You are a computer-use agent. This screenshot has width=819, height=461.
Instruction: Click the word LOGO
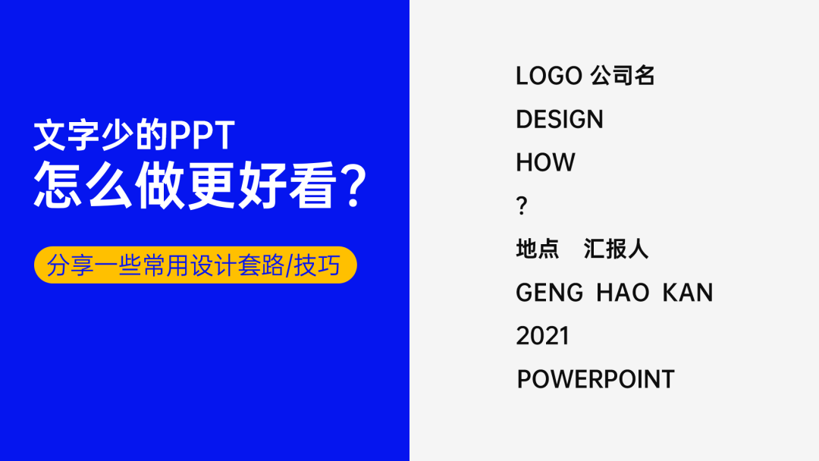pyautogui.click(x=549, y=76)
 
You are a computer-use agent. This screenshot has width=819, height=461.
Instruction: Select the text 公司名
pyautogui.click(x=623, y=76)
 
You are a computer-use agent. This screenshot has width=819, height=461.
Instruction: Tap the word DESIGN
pyautogui.click(x=560, y=120)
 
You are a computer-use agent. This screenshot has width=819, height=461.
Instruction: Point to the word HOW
pyautogui.click(x=545, y=162)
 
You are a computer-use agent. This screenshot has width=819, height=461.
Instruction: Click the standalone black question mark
pyautogui.click(x=521, y=205)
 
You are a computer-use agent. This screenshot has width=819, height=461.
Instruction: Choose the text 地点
pyautogui.click(x=538, y=249)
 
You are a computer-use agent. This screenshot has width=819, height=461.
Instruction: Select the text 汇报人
pyautogui.click(x=616, y=249)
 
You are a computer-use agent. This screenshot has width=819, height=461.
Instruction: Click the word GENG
pyautogui.click(x=550, y=293)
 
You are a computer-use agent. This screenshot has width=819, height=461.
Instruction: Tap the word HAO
pyautogui.click(x=623, y=293)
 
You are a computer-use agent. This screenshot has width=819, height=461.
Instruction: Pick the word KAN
pyautogui.click(x=687, y=293)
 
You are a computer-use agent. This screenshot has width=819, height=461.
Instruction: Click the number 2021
pyautogui.click(x=542, y=336)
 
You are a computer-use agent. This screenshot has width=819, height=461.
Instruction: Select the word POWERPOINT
pyautogui.click(x=595, y=379)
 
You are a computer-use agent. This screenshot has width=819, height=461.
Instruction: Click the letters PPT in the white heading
pyautogui.click(x=202, y=136)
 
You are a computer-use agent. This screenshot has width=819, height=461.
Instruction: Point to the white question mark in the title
pyautogui.click(x=353, y=185)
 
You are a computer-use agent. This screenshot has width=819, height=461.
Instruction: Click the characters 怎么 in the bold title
pyautogui.click(x=83, y=185)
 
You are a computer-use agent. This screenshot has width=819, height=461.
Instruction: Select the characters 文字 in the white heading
pyautogui.click(x=66, y=136)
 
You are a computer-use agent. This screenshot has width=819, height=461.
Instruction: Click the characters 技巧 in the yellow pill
pyautogui.click(x=317, y=265)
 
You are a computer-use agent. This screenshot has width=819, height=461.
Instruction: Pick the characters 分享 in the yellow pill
pyautogui.click(x=70, y=265)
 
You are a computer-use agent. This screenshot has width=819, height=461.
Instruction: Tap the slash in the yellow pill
pyautogui.click(x=289, y=265)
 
